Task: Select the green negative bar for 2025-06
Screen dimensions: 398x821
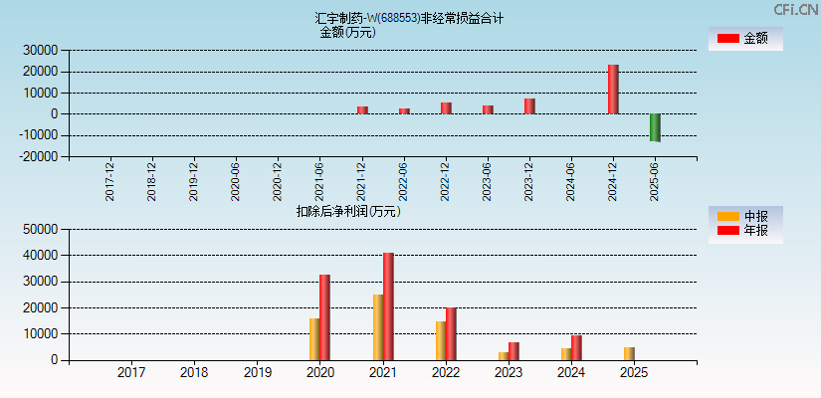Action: [655, 127]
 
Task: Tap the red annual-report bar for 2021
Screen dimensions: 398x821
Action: [388, 306]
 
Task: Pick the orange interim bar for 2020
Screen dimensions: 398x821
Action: [314, 339]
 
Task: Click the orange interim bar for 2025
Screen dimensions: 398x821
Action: [629, 353]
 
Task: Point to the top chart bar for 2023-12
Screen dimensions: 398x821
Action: [529, 106]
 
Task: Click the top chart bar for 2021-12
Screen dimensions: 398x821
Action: [362, 110]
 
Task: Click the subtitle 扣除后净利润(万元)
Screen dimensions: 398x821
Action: [348, 211]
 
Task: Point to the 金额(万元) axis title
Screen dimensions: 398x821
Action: [347, 32]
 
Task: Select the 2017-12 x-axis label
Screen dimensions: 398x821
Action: [109, 181]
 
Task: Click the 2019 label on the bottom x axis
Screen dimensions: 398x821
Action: [257, 373]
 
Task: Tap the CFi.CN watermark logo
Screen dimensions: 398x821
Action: [795, 9]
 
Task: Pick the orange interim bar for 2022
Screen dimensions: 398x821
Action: [440, 340]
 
